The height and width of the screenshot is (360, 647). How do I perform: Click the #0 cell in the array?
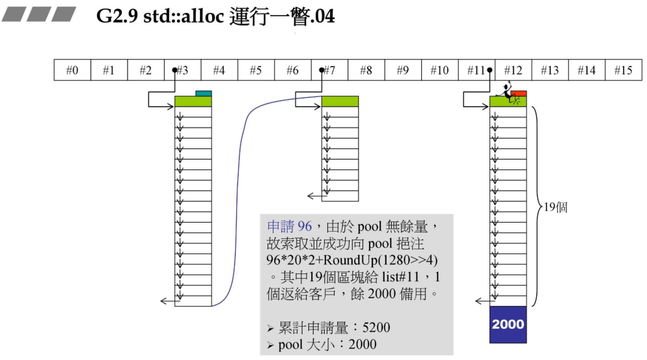pyautogui.click(x=72, y=70)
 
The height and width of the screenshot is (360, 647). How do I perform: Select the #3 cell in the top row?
pyautogui.click(x=182, y=70)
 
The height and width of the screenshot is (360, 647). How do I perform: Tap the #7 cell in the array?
pyautogui.click(x=329, y=70)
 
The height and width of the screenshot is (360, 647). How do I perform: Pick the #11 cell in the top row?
pyautogui.click(x=476, y=70)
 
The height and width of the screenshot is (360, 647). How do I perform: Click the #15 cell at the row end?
pyautogui.click(x=623, y=70)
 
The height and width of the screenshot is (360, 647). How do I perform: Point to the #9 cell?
pyautogui.click(x=403, y=70)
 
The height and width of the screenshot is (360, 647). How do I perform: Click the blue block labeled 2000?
pyautogui.click(x=508, y=324)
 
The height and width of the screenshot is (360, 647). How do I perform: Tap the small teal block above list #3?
pyautogui.click(x=204, y=94)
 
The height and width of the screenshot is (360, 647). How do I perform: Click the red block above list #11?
pyautogui.click(x=519, y=94)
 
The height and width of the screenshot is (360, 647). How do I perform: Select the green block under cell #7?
pyautogui.click(x=340, y=102)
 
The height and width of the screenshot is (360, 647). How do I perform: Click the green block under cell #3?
pyautogui.click(x=193, y=102)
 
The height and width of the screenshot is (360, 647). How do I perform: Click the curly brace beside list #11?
pyautogui.click(x=536, y=207)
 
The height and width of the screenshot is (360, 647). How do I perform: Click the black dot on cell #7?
pyautogui.click(x=322, y=70)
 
